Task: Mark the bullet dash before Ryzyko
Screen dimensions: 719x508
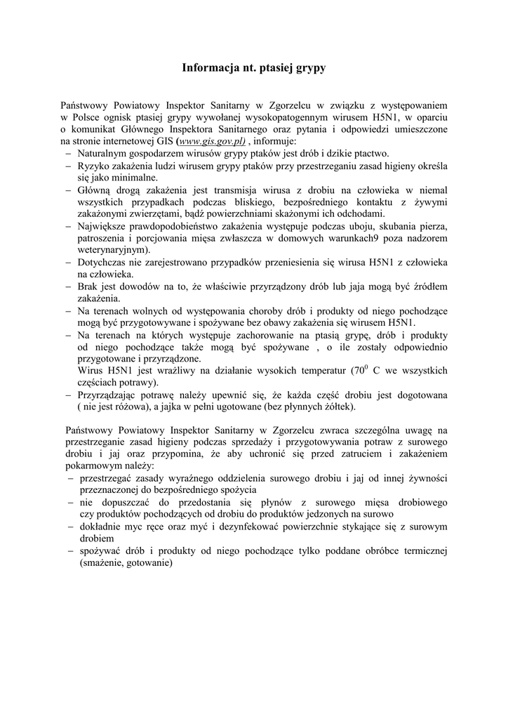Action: (x=67, y=166)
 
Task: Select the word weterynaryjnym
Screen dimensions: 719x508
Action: (x=113, y=249)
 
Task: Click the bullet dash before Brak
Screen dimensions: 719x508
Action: (x=67, y=286)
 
